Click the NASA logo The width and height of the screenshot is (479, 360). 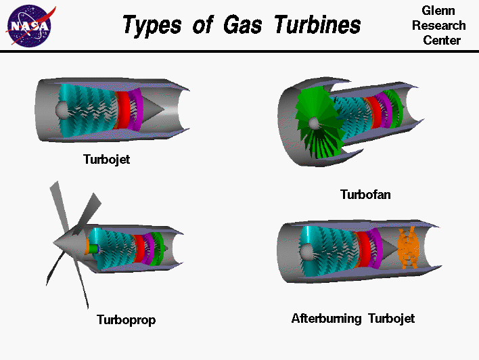pyautogui.click(x=28, y=25)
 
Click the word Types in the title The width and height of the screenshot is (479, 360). pyautogui.click(x=150, y=25)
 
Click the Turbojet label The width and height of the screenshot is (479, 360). pyautogui.click(x=106, y=160)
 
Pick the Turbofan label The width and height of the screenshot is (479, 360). pyautogui.click(x=365, y=195)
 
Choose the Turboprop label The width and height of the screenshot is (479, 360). pyautogui.click(x=126, y=319)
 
